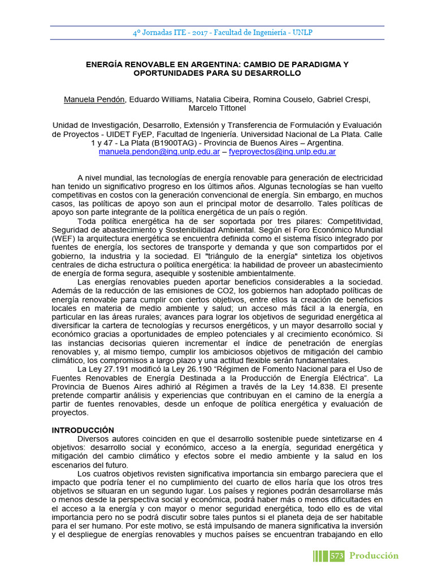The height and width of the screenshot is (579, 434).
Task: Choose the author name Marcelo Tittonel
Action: tap(217, 109)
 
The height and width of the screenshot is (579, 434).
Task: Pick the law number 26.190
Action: tap(196, 369)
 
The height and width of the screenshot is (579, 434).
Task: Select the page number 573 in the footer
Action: tap(337, 556)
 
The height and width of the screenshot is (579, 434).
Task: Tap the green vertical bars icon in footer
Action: tap(321, 556)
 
